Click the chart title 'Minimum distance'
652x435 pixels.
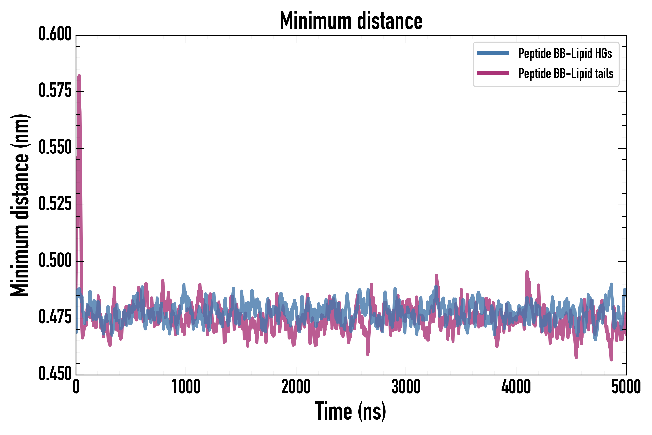point(351,21)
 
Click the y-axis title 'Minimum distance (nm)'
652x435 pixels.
point(20,205)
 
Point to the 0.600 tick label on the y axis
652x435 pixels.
point(55,34)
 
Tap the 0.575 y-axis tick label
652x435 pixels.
point(55,91)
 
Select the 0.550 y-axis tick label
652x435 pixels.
point(55,148)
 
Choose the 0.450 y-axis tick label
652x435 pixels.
point(55,374)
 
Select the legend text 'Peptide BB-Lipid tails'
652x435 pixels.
point(566,73)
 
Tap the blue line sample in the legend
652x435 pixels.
point(493,53)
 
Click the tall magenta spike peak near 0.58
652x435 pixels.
point(79,76)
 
